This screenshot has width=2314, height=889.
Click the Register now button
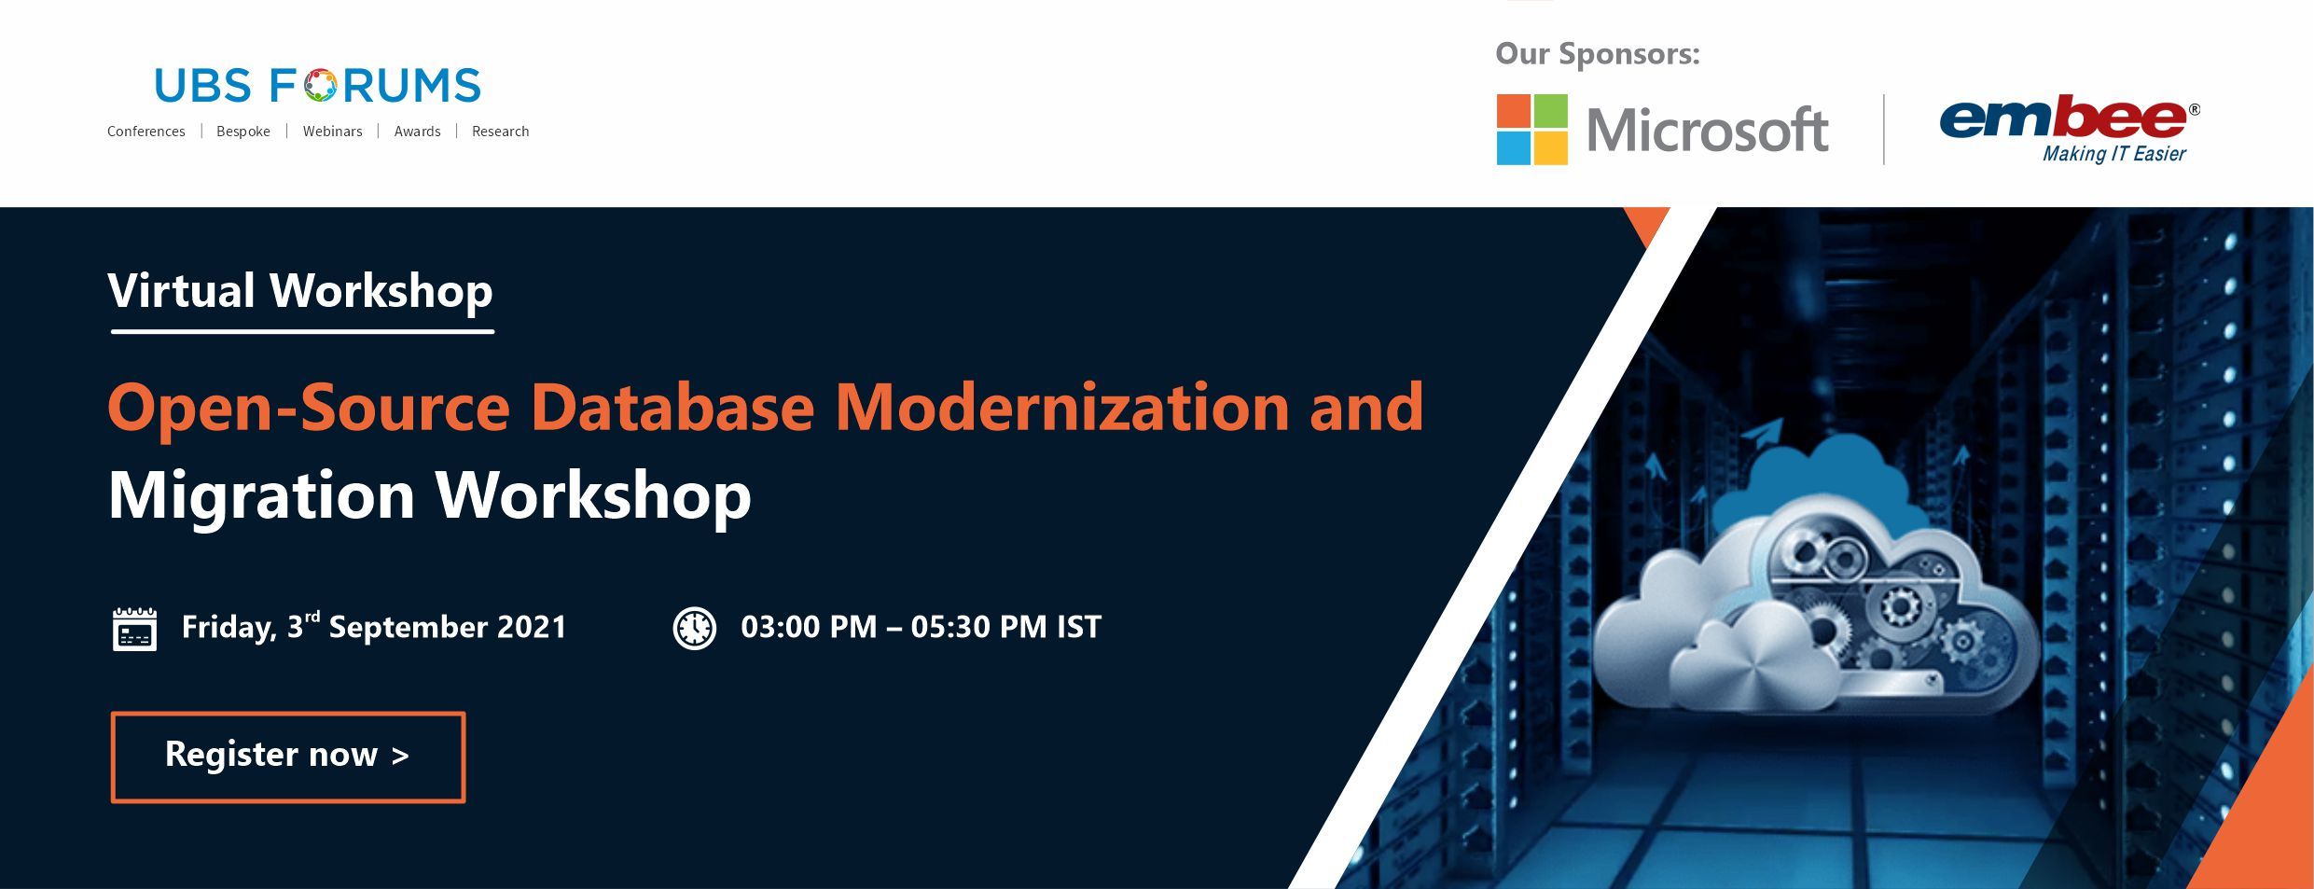point(287,757)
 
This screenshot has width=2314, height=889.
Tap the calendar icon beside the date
point(134,629)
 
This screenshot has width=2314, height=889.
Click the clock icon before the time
point(694,628)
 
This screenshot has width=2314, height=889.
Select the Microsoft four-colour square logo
point(1531,129)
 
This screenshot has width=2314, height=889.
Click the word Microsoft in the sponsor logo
point(1707,130)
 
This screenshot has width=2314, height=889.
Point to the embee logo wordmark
point(2062,118)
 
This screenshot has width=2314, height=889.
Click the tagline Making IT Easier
point(2113,154)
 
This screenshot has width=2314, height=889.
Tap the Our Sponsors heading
point(1598,54)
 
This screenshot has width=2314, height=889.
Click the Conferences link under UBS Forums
point(146,132)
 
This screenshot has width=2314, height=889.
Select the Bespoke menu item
point(243,132)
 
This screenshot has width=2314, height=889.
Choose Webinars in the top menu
point(332,132)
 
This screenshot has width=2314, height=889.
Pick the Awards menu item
point(417,132)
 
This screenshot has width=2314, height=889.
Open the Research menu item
point(500,132)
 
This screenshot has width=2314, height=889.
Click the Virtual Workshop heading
point(300,291)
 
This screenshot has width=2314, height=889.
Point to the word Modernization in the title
point(1061,407)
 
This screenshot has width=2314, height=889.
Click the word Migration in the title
point(262,495)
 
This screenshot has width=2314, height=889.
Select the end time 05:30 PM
point(978,627)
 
